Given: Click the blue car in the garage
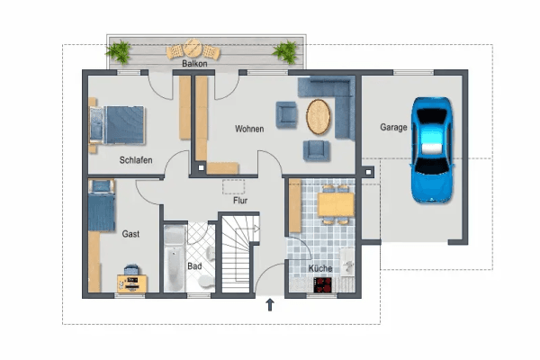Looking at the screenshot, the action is [x=431, y=149].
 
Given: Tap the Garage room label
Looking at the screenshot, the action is [x=393, y=127].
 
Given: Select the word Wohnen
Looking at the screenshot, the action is [x=249, y=129].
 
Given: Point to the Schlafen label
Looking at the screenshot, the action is [x=136, y=160].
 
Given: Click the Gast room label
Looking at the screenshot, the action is [x=130, y=234].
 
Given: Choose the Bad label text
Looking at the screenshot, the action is [x=194, y=266].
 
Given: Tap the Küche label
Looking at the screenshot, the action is [x=320, y=268].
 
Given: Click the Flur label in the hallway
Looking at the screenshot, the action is [x=240, y=201].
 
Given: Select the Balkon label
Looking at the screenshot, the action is [x=194, y=64].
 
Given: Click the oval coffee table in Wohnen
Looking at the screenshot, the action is [x=319, y=117].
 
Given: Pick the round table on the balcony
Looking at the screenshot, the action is [x=193, y=48].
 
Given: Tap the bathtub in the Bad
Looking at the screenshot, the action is [x=175, y=258].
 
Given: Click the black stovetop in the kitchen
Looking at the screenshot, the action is [x=323, y=285].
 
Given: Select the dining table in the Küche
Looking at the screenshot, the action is [x=336, y=204].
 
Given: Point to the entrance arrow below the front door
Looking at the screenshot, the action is [x=270, y=305].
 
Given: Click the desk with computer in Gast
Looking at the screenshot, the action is [x=132, y=283].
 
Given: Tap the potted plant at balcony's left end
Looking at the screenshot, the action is [x=119, y=52].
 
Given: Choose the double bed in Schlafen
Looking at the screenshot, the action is [x=117, y=125].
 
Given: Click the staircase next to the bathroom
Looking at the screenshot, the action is [x=238, y=254].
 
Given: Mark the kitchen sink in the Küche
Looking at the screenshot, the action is [x=347, y=262].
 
